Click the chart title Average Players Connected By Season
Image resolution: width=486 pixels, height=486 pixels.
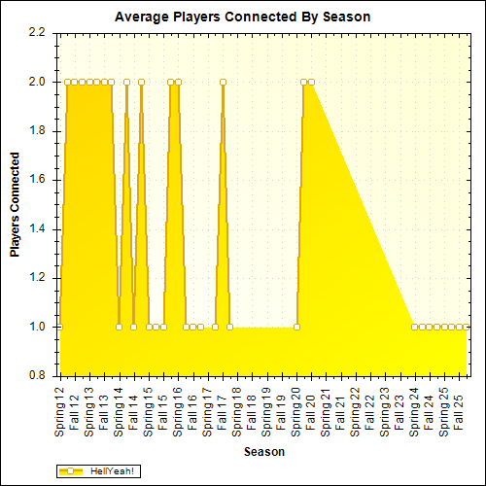click(242, 17)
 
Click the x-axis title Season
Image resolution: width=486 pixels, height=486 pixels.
click(264, 452)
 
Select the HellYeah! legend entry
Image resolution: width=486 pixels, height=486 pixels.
click(97, 470)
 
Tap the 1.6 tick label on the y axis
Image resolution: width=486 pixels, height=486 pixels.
click(36, 180)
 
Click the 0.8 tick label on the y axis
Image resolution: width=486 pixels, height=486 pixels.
click(36, 376)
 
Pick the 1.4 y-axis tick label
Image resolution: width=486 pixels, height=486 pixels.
click(36, 229)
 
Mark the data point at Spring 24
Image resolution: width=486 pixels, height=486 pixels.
click(415, 328)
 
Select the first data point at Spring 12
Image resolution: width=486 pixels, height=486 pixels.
click(66, 82)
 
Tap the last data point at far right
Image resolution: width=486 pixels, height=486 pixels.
click(467, 328)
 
